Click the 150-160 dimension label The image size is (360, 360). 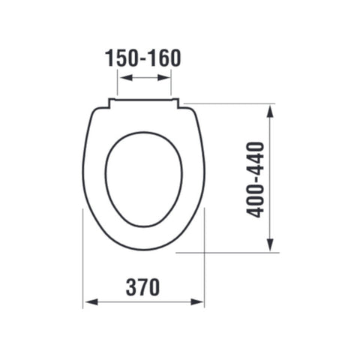coord(142,58)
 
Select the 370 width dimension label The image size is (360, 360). coord(142,287)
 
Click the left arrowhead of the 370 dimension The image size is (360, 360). coord(91,302)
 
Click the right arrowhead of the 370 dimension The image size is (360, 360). coord(197,302)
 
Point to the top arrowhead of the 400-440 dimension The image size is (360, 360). coord(270,111)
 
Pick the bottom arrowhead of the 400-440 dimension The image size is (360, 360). coord(270,244)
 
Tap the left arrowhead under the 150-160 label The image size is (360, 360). coord(127,78)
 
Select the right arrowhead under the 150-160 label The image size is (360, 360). coord(163,78)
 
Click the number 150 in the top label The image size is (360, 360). coord(122,58)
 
